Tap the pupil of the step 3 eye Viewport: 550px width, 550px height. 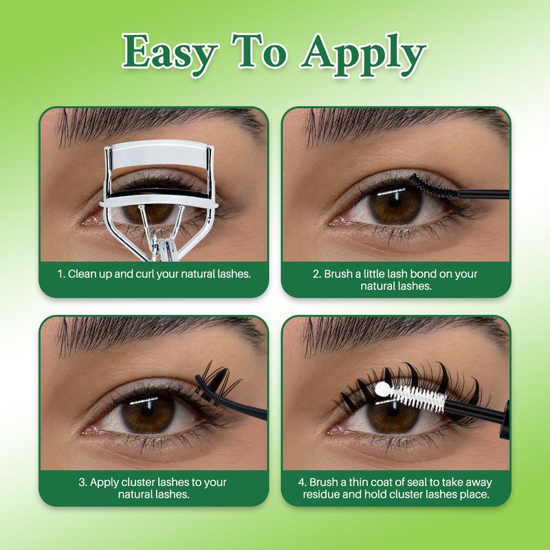146,411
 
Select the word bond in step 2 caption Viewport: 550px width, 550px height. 423,274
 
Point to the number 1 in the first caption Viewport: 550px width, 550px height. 60,274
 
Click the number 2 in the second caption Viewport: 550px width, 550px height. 316,274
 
